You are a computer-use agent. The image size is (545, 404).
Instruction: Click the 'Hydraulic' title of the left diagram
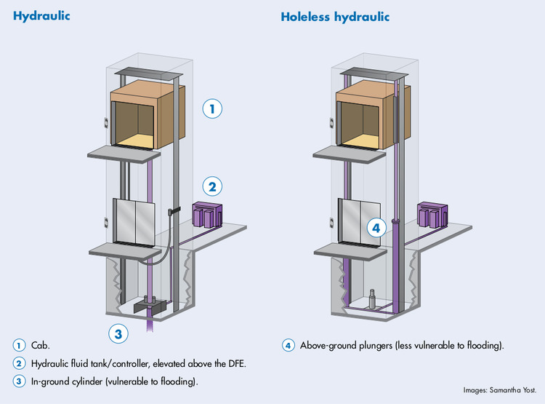coord(41,15)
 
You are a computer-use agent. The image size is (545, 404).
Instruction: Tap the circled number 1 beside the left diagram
coord(211,109)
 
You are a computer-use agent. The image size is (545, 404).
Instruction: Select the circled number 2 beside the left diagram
coord(211,186)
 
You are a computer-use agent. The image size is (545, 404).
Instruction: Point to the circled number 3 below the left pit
coord(119,335)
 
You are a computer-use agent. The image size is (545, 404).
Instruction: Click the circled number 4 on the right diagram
coord(375,227)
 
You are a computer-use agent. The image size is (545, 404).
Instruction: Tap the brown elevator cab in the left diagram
coord(143,116)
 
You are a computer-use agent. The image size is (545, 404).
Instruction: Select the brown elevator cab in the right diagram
coord(369,116)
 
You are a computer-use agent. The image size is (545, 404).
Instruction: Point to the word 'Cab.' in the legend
coord(41,345)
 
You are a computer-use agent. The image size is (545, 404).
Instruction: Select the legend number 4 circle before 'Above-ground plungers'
coord(288,345)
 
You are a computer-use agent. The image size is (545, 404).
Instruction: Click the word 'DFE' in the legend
coord(225,363)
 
